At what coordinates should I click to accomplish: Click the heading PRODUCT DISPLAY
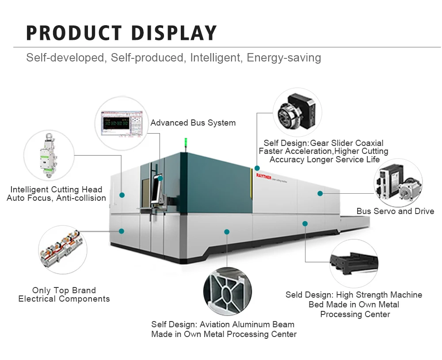[x=122, y=33]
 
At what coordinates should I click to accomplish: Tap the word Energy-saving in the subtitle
[x=284, y=58]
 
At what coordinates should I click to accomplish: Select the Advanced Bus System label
[x=193, y=123]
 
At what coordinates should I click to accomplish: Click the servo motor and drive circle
[x=398, y=183]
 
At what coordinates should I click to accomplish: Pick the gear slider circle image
[x=297, y=112]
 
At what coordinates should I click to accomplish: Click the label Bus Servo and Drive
[x=395, y=211]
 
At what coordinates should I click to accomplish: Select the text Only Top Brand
[x=64, y=291]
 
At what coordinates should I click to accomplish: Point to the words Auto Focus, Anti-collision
[x=56, y=198]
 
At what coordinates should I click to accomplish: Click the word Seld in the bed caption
[x=296, y=295]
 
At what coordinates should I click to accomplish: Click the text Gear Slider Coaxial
[x=347, y=143]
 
